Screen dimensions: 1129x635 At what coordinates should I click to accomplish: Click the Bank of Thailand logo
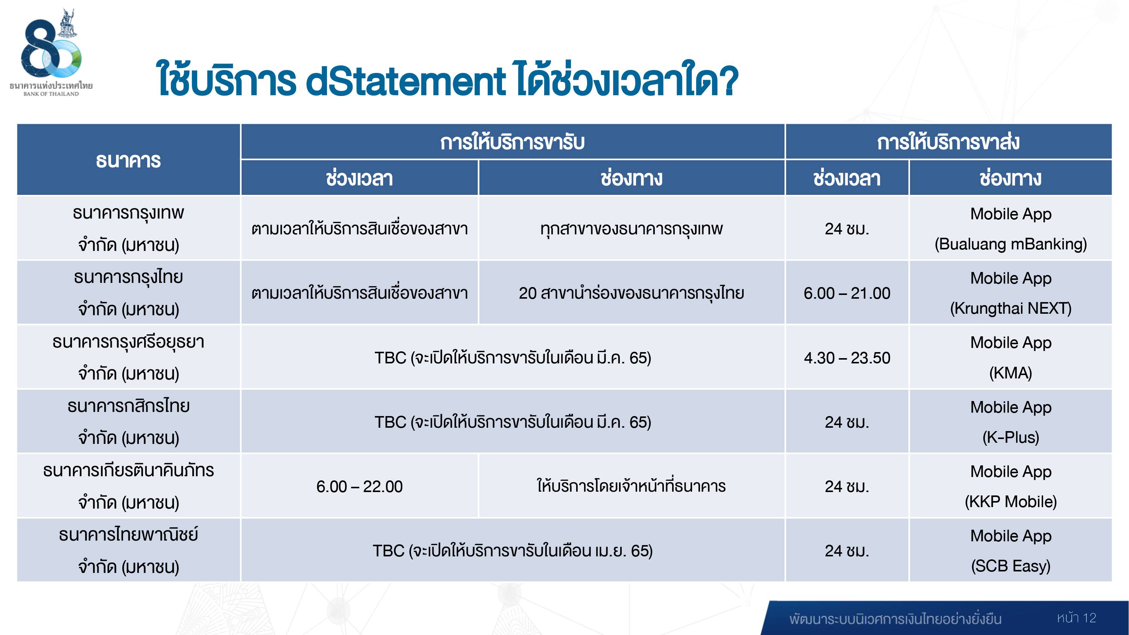51,52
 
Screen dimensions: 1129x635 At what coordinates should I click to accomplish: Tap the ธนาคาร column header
128,160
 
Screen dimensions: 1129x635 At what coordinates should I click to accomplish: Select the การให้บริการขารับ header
512,142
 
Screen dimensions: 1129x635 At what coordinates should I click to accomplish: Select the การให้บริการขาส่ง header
948,142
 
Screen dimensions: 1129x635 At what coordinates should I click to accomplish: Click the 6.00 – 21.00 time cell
847,293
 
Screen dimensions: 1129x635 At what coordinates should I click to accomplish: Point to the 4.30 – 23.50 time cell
847,358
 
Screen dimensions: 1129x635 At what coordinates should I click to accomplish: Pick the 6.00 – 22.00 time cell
359,486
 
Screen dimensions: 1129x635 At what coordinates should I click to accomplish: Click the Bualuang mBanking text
1011,244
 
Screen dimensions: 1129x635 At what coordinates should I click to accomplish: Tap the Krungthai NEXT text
1011,308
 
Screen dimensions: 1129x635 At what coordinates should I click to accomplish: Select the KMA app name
1011,373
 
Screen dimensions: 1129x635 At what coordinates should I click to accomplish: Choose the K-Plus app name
1011,438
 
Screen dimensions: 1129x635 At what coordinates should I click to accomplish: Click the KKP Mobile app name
1011,501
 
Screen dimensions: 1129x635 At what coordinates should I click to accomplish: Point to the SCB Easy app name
1011,566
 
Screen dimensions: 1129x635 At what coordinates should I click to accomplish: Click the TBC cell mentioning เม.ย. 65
512,551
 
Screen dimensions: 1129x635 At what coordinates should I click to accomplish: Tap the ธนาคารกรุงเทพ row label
128,229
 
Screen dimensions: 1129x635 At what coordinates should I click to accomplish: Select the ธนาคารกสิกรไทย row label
128,422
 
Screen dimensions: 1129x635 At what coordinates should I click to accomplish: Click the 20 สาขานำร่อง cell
631,293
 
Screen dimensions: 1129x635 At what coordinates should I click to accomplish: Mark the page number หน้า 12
1076,618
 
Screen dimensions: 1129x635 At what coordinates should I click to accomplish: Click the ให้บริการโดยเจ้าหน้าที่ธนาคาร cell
631,486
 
